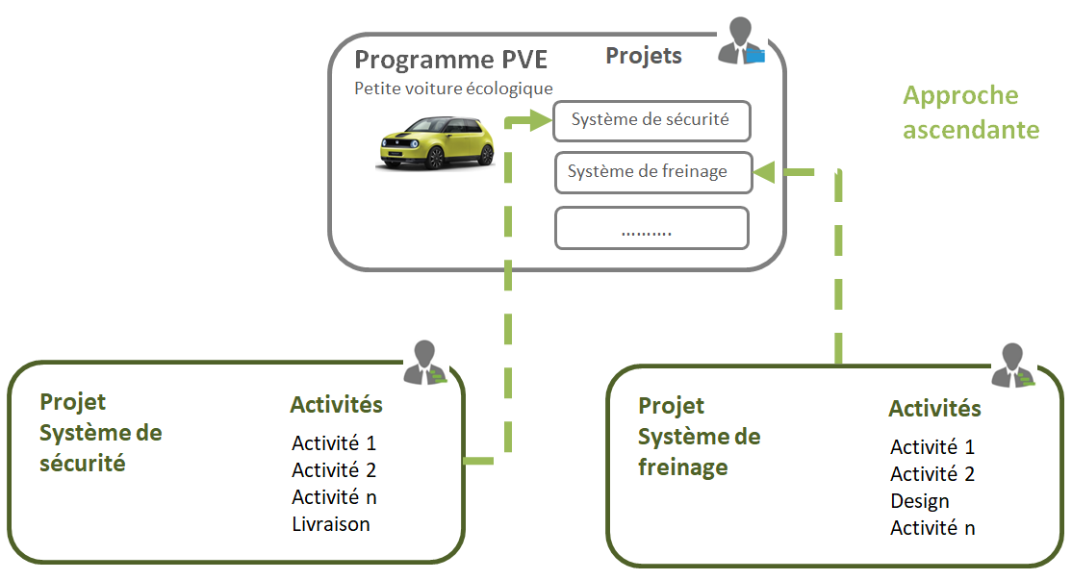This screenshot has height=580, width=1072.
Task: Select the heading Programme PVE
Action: tap(450, 60)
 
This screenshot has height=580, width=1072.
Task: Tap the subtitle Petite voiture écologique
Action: tap(453, 89)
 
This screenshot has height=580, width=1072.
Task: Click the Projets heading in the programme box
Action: tap(643, 56)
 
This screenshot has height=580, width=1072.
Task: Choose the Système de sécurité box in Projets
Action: tap(651, 121)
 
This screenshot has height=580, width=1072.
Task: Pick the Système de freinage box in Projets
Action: tap(651, 172)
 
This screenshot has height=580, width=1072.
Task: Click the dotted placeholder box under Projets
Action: tap(651, 229)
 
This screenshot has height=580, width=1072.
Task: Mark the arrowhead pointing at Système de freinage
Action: tap(765, 172)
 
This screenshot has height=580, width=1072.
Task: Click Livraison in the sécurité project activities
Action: tap(331, 524)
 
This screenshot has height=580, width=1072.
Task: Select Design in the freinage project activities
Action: tap(919, 501)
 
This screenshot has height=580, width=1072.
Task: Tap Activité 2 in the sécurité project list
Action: tap(334, 470)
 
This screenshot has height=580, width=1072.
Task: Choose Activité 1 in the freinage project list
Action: tap(932, 447)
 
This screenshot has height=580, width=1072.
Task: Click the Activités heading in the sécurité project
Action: tap(336, 405)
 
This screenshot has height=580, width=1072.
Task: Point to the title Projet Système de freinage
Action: tap(700, 437)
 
